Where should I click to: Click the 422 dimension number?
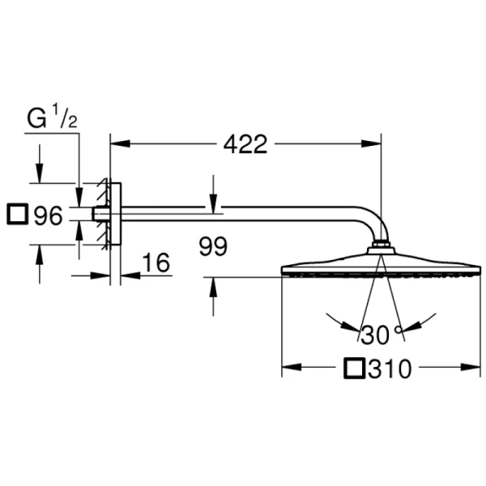tap(245, 144)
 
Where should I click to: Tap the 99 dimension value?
tap(213, 246)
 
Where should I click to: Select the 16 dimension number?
tap(156, 262)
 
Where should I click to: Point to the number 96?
tap(49, 215)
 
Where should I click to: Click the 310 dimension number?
tap(390, 369)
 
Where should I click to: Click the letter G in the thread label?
tap(37, 119)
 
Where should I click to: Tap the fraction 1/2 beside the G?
tap(64, 116)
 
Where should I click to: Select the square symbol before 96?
tap(17, 214)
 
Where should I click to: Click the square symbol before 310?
tap(354, 369)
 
